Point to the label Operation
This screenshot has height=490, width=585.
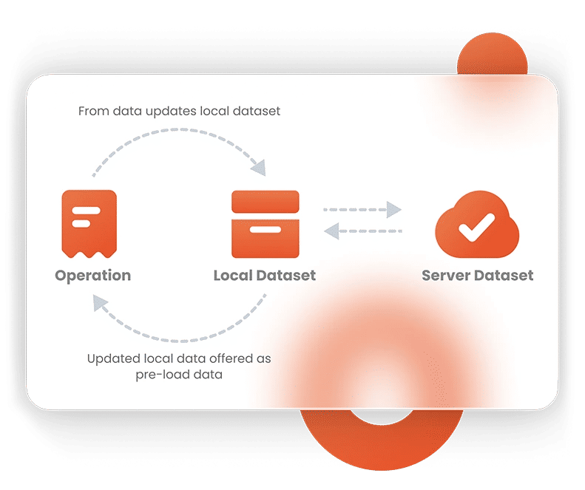coord(92,276)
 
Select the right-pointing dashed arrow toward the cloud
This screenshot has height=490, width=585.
coord(362,210)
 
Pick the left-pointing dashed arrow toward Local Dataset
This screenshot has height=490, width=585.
coord(362,231)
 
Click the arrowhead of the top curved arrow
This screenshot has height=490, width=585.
coord(258,168)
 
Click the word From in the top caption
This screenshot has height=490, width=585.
coord(92,112)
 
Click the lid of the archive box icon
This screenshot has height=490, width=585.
coord(265,202)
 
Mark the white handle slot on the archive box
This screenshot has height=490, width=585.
coord(265,230)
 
